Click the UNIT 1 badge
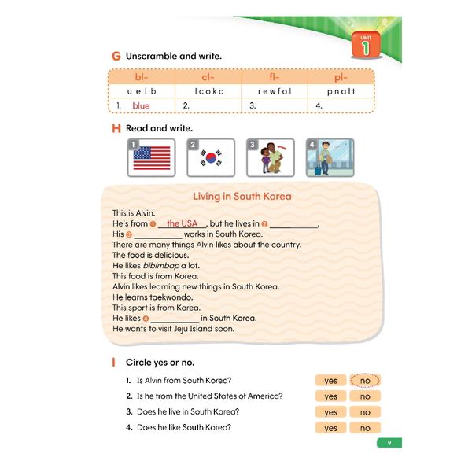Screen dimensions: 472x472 [364, 44]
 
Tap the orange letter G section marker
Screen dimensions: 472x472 [116, 57]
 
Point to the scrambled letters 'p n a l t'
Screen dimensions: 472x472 [341, 91]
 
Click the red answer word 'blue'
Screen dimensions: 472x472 [141, 105]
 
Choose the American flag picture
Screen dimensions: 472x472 [151, 157]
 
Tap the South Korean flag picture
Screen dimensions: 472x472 [211, 157]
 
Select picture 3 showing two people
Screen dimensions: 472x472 [271, 157]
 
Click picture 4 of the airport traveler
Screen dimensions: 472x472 [330, 157]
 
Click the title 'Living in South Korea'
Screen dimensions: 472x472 [242, 196]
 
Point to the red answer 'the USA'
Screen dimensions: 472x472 [182, 223]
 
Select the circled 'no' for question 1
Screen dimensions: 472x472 [365, 381]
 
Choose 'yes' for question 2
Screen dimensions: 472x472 [330, 396]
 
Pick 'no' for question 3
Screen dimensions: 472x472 [365, 412]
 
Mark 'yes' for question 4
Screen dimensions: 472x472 [330, 428]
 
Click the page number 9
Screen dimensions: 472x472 [389, 443]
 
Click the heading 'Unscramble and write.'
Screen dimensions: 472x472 [174, 57]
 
